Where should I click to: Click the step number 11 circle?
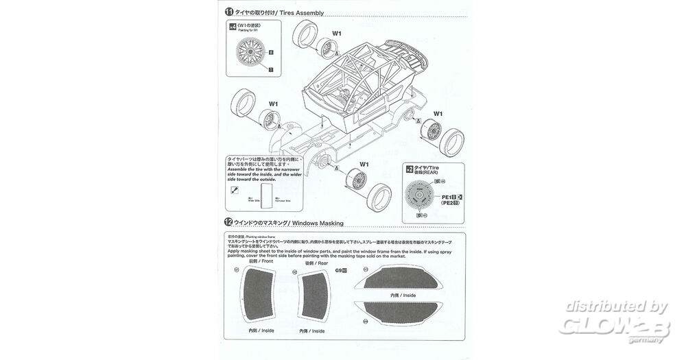[x=228, y=12]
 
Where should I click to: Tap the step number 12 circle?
[x=228, y=223]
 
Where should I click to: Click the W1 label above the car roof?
[x=337, y=34]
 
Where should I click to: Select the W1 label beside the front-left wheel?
[x=273, y=104]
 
